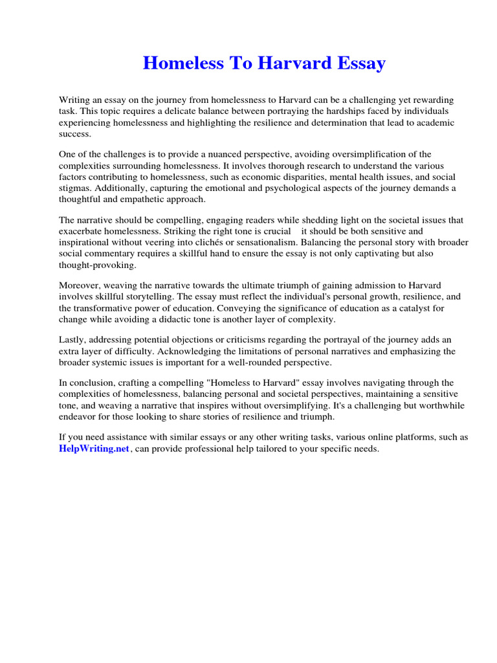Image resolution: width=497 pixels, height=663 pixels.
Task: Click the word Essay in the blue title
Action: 360,63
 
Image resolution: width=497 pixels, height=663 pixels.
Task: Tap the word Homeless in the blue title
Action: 177,63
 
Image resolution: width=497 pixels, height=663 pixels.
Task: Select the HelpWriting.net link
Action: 94,449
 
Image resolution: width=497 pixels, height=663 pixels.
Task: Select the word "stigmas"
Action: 76,188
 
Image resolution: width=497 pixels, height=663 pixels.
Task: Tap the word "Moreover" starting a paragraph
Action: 80,286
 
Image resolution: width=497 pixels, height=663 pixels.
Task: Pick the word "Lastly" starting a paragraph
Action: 72,339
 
